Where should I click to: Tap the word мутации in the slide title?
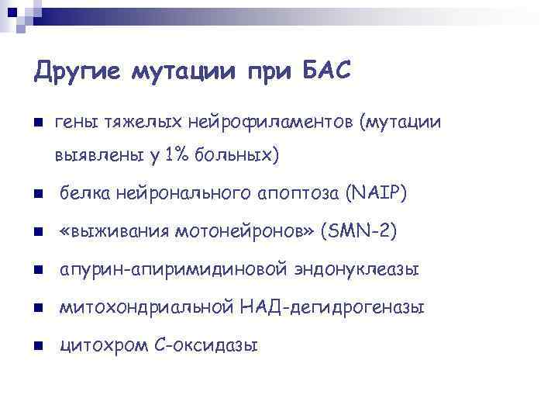183,73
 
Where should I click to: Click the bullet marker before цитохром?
38,346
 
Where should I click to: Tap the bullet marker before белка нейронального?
38,194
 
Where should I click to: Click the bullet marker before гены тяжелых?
38,123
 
